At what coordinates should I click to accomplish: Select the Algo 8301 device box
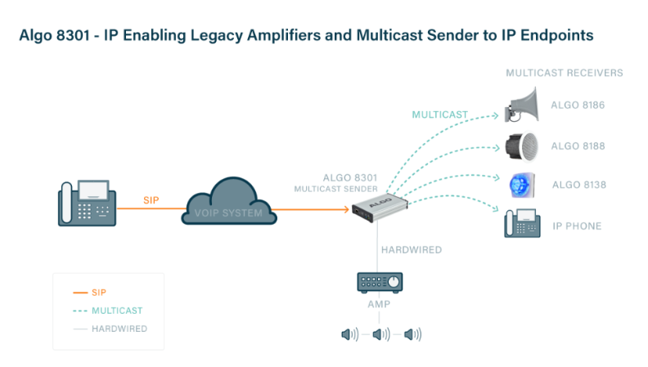pyautogui.click(x=379, y=212)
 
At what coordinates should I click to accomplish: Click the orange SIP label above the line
pyautogui.click(x=151, y=199)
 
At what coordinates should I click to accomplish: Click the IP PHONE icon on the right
pyautogui.click(x=521, y=223)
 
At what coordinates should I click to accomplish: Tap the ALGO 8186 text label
pyautogui.click(x=578, y=106)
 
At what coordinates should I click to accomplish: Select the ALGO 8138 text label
pyautogui.click(x=578, y=185)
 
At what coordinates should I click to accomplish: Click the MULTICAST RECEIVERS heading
pyautogui.click(x=565, y=73)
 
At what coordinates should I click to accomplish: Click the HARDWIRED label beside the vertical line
pyautogui.click(x=412, y=249)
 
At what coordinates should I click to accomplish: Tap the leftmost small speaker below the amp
pyautogui.click(x=349, y=333)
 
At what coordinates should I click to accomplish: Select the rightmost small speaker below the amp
pyautogui.click(x=412, y=333)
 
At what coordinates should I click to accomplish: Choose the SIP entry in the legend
pyautogui.click(x=99, y=292)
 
